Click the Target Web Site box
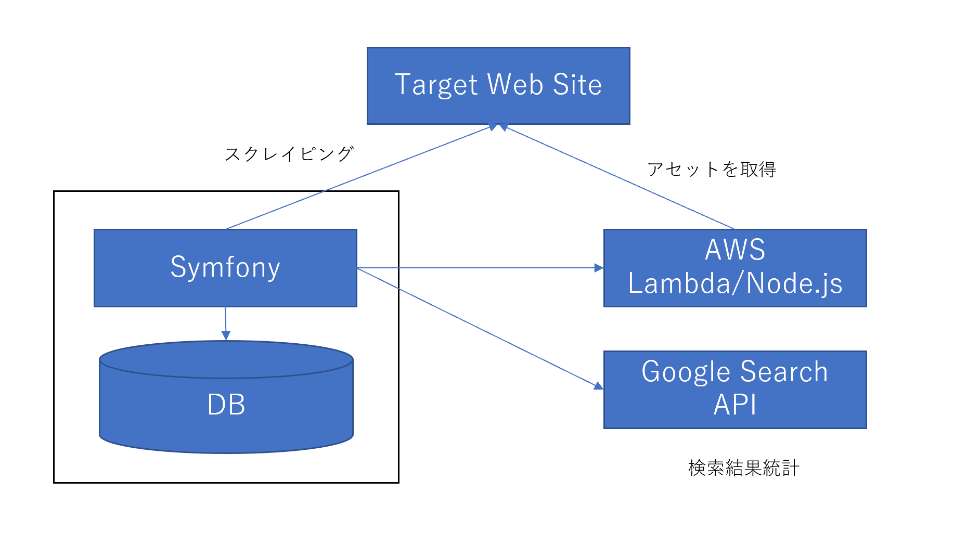498,86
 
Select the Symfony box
225,268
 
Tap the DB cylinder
226,397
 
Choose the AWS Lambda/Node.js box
735,268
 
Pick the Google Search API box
735,390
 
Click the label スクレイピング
289,154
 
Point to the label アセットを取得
712,169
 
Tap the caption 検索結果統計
743,468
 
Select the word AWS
735,250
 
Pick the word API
734,405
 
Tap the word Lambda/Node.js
735,284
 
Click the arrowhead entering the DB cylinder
226,335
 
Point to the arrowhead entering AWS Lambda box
599,268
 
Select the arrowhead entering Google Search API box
599,385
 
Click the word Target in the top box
436,85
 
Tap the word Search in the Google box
784,372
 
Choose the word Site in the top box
577,84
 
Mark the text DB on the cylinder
226,405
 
